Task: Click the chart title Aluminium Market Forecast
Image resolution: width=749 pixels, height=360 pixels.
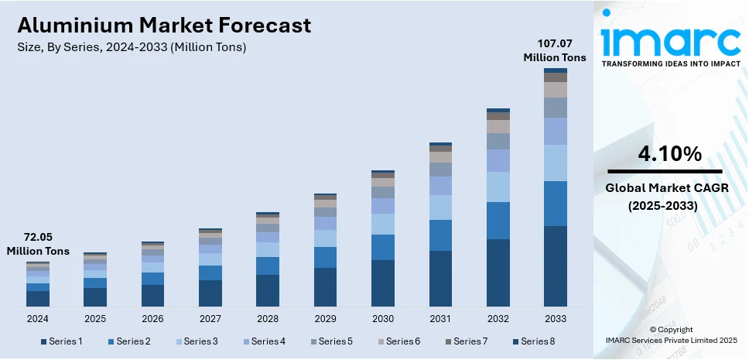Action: (164, 26)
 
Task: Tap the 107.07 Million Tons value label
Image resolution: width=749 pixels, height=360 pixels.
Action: (555, 50)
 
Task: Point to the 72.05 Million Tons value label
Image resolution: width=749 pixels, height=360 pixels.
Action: (38, 244)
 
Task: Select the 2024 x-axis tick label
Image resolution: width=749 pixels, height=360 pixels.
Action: (38, 318)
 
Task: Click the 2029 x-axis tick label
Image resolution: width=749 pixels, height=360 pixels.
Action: (325, 318)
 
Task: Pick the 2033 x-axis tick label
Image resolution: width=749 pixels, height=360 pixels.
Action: (555, 318)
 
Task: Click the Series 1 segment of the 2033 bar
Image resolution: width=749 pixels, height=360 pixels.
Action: (555, 266)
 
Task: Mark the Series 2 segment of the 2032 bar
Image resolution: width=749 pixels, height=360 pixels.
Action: (498, 221)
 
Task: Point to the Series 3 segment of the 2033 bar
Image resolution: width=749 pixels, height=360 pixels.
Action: (555, 163)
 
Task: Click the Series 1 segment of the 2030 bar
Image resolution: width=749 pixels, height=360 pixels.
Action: (383, 283)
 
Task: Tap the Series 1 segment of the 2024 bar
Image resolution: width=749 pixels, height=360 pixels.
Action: (38, 298)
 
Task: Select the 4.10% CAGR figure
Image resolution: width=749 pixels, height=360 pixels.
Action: (665, 154)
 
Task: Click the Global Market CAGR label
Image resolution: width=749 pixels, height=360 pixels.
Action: (665, 188)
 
